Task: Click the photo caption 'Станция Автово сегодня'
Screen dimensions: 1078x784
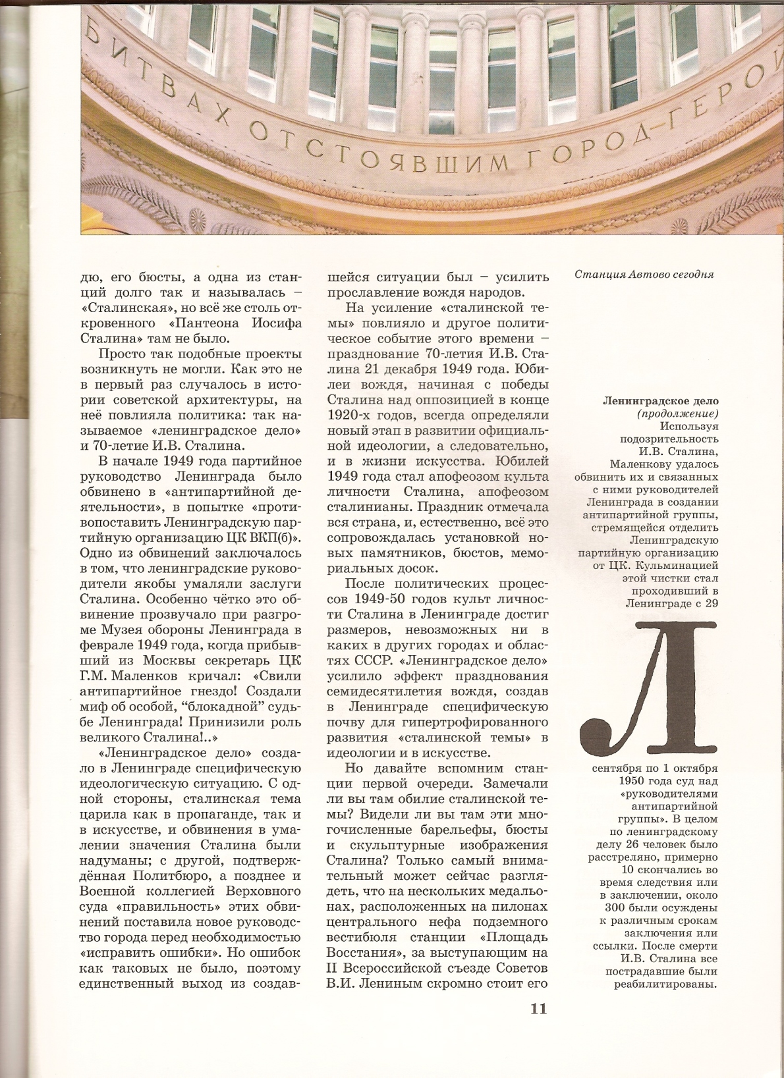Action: click(x=644, y=274)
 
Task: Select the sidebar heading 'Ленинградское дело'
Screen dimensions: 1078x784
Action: click(x=661, y=401)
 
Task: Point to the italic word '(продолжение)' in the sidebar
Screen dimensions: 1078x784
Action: click(x=677, y=414)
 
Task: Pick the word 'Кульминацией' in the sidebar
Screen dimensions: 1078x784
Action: click(x=685, y=565)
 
